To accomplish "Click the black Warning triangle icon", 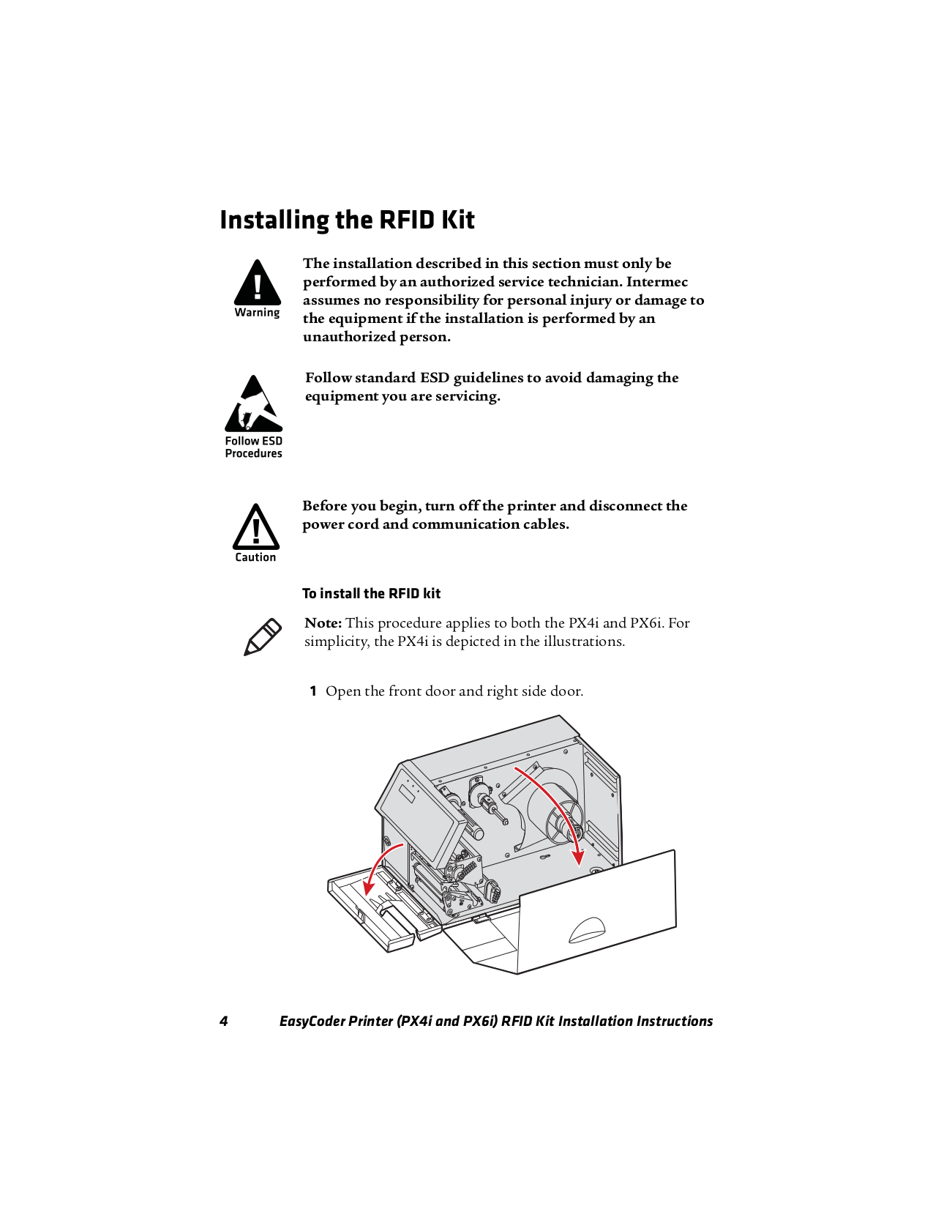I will pyautogui.click(x=258, y=284).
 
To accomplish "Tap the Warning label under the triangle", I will pyautogui.click(x=257, y=313).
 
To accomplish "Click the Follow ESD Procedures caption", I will pyautogui.click(x=253, y=447).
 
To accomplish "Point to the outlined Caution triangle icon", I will pyautogui.click(x=255, y=528).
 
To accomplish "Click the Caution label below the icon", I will pyautogui.click(x=255, y=557).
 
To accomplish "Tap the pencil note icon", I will pyautogui.click(x=262, y=636).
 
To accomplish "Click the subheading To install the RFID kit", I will pyautogui.click(x=371, y=593).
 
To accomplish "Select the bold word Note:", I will pyautogui.click(x=323, y=623).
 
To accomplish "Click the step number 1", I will pyautogui.click(x=312, y=691).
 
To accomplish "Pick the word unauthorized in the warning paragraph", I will pyautogui.click(x=348, y=337).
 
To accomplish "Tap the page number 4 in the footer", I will pyautogui.click(x=223, y=1021).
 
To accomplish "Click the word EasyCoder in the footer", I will pyautogui.click(x=313, y=1021).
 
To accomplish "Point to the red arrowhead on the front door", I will pyautogui.click(x=369, y=888).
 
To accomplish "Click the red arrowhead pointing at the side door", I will pyautogui.click(x=579, y=858).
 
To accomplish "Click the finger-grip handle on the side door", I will pyautogui.click(x=587, y=930).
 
